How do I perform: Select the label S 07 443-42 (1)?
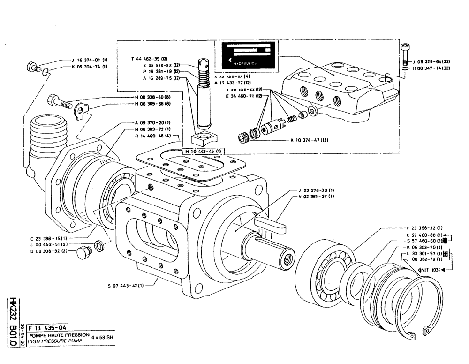(125, 284)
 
